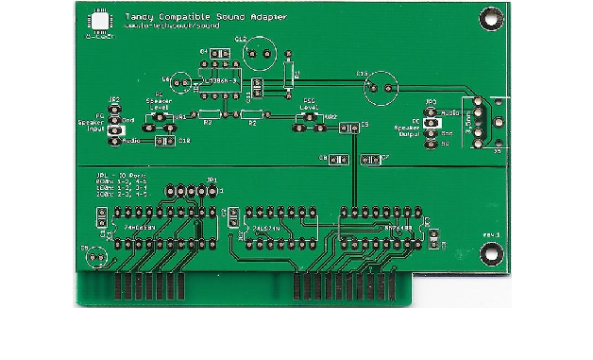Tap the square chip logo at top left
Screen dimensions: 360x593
[x=98, y=21]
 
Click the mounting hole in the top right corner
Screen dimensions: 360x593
[x=490, y=16]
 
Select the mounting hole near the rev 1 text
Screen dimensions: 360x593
[x=490, y=252]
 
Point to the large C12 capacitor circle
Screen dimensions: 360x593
[x=258, y=54]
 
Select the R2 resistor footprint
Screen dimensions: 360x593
[x=250, y=116]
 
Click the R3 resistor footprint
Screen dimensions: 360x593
[x=207, y=116]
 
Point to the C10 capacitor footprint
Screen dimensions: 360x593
[x=161, y=141]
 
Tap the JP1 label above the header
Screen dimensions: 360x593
[x=212, y=179]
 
